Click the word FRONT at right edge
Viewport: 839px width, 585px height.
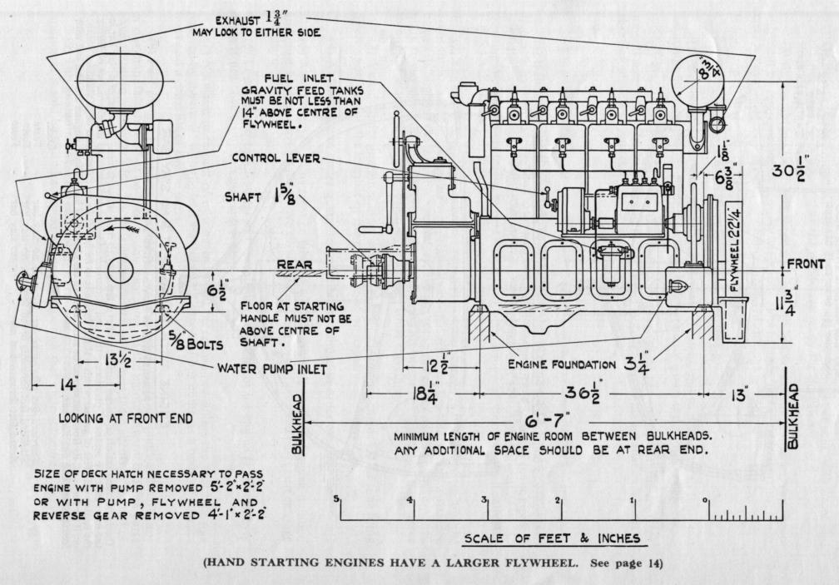pos(806,265)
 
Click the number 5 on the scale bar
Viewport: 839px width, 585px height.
pos(336,499)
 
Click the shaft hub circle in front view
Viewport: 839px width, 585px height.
pos(122,270)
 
